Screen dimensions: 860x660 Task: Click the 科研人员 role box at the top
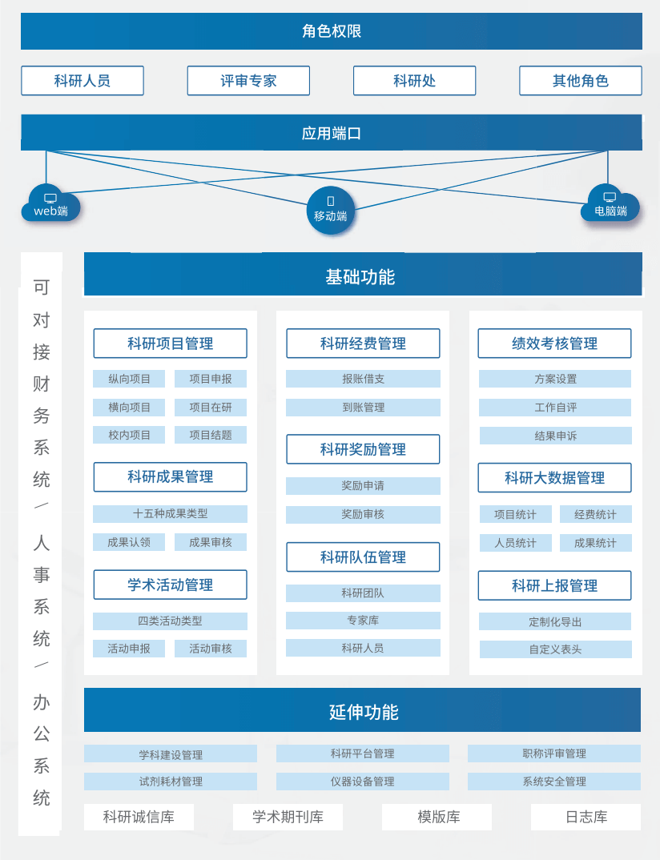[82, 81]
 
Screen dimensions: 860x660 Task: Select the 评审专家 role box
[248, 81]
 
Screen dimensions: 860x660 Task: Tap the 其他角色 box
[581, 81]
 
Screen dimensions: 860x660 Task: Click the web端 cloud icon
[50, 204]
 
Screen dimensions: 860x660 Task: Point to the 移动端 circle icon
[330, 211]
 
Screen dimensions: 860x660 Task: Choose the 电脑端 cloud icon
[610, 204]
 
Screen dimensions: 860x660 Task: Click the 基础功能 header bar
[362, 277]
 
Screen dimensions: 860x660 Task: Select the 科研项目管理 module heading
[170, 344]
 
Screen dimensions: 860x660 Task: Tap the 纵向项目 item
[129, 379]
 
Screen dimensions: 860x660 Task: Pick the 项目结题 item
[211, 435]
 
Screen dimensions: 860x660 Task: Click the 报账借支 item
[363, 379]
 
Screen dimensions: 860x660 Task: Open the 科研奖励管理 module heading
[363, 449]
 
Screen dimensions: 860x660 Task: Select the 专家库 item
[363, 621]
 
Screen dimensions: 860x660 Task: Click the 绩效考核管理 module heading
[554, 344]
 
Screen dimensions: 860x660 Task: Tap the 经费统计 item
[595, 514]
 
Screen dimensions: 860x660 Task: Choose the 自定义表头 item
[555, 649]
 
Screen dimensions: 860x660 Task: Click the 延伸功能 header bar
[362, 711]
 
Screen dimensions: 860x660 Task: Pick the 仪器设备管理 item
[363, 782]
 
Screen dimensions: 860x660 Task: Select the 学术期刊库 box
[288, 818]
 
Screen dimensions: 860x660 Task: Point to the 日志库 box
[586, 818]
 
